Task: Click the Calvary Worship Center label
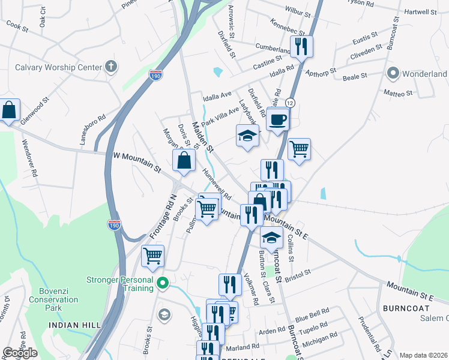click(59, 67)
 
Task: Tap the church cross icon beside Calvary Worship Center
click(111, 67)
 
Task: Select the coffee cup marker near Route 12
click(278, 119)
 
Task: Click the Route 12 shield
click(290, 103)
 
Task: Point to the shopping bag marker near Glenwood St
click(9, 110)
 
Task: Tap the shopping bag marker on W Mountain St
click(184, 161)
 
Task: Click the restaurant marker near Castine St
click(301, 46)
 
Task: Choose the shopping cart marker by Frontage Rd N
click(152, 256)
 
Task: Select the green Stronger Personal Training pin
click(161, 282)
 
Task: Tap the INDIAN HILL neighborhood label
click(75, 325)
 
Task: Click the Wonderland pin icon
click(394, 74)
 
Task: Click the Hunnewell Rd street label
click(217, 185)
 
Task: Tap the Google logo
click(20, 352)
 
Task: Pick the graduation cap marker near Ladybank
click(247, 136)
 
